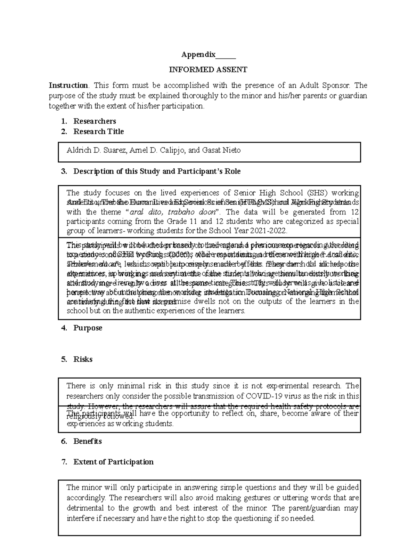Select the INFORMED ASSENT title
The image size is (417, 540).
click(208, 70)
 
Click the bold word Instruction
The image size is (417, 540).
click(68, 86)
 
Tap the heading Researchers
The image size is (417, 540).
click(95, 121)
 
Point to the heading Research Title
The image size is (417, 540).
click(98, 131)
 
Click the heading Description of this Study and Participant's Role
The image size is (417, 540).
click(157, 171)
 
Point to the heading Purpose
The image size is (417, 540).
click(88, 328)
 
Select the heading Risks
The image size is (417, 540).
click(83, 359)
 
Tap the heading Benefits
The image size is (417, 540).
click(88, 441)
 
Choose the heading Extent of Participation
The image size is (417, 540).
click(113, 462)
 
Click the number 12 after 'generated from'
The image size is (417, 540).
click(354, 212)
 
